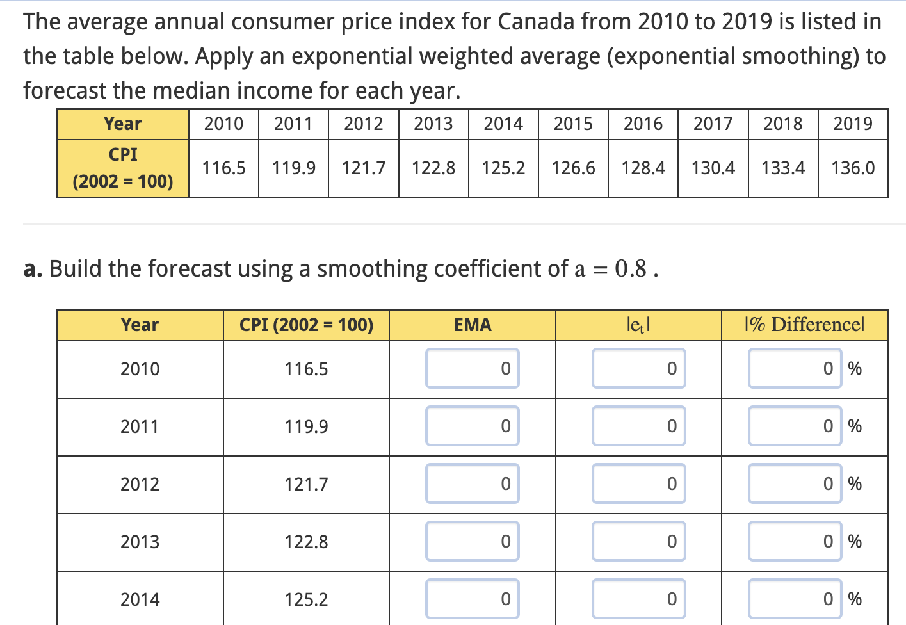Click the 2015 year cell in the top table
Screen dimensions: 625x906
[573, 124]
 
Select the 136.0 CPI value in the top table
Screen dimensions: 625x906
[853, 168]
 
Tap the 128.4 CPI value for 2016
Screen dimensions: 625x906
[643, 168]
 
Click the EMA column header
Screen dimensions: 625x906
[473, 325]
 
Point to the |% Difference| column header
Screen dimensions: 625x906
[804, 325]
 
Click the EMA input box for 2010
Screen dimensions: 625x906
[473, 368]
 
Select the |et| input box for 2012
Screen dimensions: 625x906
[638, 483]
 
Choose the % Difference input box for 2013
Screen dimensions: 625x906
[795, 541]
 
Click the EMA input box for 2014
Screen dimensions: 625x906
[473, 599]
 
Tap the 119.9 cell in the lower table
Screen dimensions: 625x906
[306, 426]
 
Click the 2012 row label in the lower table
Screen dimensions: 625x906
[140, 484]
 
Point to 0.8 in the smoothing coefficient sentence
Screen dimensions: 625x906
[631, 269]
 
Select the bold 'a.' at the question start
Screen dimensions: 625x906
[33, 269]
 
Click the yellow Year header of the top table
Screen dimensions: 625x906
[122, 124]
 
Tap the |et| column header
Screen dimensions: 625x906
[638, 325]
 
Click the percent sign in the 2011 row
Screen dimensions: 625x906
[855, 426]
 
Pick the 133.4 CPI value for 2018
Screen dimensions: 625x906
[783, 168]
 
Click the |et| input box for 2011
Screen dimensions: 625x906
[638, 426]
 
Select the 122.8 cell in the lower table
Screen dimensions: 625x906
[306, 542]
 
